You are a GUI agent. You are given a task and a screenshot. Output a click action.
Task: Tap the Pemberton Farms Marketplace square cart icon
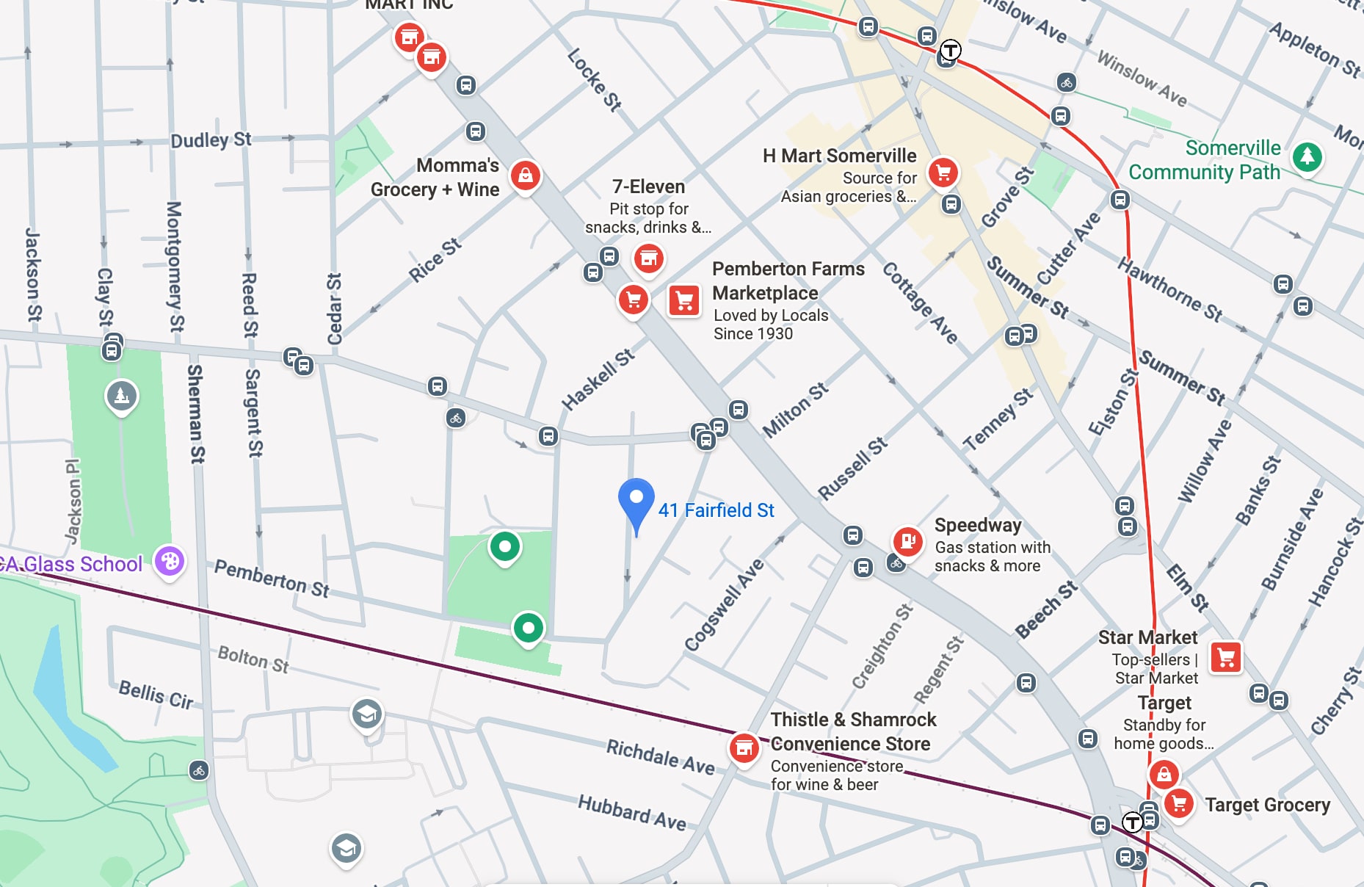pos(684,300)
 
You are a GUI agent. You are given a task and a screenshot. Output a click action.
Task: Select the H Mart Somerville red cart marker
pos(943,173)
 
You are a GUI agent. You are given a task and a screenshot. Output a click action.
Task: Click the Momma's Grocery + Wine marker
pos(526,175)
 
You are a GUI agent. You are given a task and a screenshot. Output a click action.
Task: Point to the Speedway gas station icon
pos(907,542)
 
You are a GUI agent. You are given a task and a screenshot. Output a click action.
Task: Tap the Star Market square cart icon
pos(1225,657)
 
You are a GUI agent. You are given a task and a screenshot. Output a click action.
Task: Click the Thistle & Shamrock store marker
pos(744,748)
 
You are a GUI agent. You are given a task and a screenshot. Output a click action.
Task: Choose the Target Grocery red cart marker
pos(1179,803)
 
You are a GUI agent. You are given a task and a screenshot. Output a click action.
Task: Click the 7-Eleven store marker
pos(648,258)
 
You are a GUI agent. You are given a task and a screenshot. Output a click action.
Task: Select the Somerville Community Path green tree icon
pos(1307,156)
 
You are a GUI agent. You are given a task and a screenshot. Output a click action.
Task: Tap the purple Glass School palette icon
pos(170,562)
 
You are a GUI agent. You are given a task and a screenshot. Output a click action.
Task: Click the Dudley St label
pos(211,140)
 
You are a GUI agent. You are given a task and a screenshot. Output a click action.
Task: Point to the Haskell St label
pos(598,380)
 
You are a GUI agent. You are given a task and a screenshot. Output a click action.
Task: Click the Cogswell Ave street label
pos(724,605)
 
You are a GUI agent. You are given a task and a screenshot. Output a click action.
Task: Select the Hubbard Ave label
pos(631,812)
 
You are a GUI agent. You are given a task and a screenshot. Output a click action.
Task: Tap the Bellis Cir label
pos(156,694)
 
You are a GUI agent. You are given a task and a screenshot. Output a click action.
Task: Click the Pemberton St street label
pos(272,579)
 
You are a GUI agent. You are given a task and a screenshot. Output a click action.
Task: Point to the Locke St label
pos(594,79)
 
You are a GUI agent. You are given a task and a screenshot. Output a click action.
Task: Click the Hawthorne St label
pos(1169,289)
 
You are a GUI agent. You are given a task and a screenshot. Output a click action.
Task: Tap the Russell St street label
pos(852,468)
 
